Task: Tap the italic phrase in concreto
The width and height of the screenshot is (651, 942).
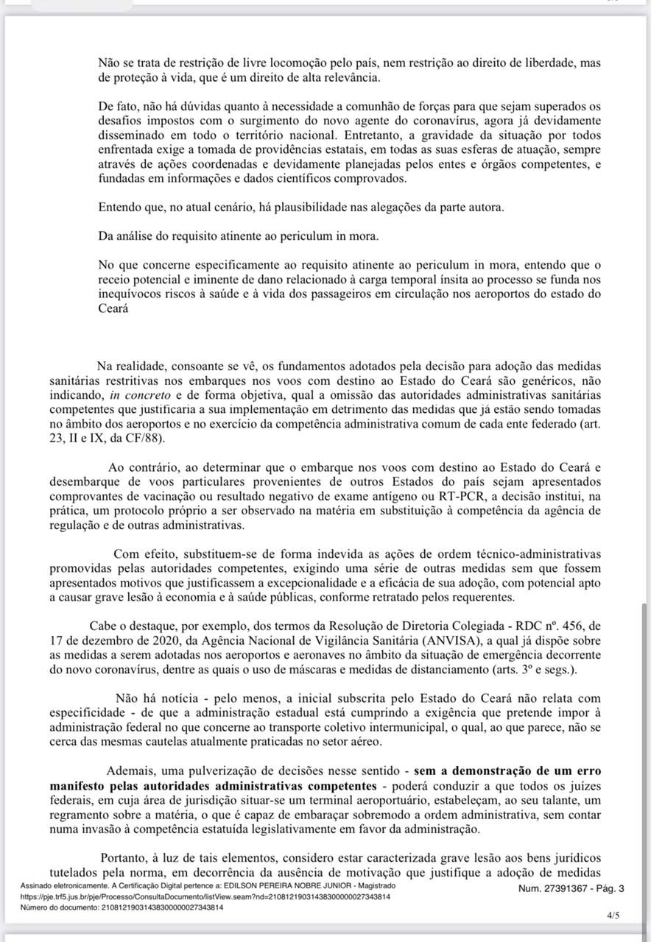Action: tap(136, 394)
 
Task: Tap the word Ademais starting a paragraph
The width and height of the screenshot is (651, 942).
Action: tap(128, 771)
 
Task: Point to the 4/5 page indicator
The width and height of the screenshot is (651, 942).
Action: tap(613, 916)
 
